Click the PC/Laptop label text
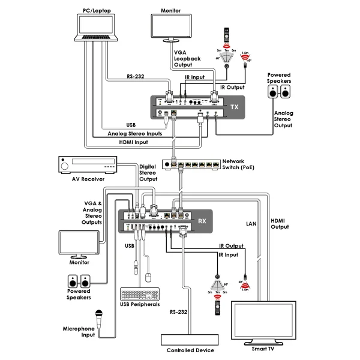pos(97,10)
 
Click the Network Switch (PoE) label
pos(238,164)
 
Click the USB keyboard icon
pos(140,295)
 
